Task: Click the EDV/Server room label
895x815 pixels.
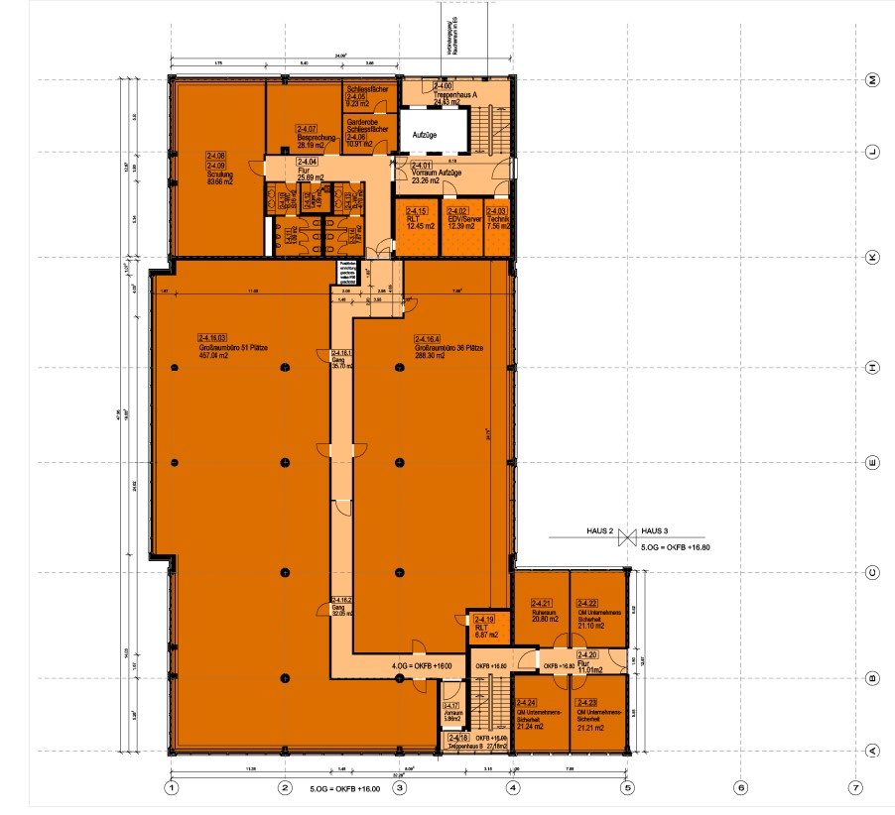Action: pyautogui.click(x=464, y=219)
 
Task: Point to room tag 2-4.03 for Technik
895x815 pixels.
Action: pyautogui.click(x=497, y=211)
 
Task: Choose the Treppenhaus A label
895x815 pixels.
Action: pyautogui.click(x=456, y=94)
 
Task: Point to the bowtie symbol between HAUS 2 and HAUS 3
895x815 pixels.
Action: pyautogui.click(x=626, y=537)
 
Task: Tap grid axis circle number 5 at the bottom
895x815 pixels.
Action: pyautogui.click(x=627, y=788)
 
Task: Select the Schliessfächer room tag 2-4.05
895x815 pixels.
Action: pyautogui.click(x=355, y=96)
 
